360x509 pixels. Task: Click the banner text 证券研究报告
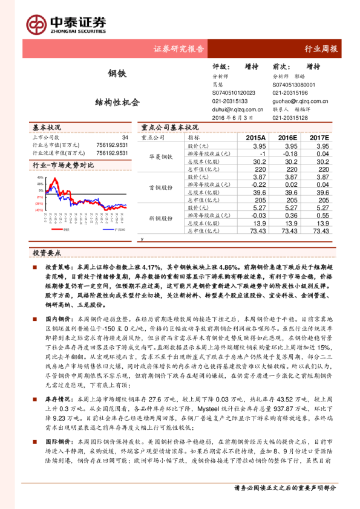[179, 49]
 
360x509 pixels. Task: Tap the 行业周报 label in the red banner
[321, 49]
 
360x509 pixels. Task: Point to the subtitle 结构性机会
[117, 102]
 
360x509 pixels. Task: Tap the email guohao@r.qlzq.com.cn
[300, 102]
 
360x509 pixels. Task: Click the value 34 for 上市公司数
[125, 138]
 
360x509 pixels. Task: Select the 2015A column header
[255, 138]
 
